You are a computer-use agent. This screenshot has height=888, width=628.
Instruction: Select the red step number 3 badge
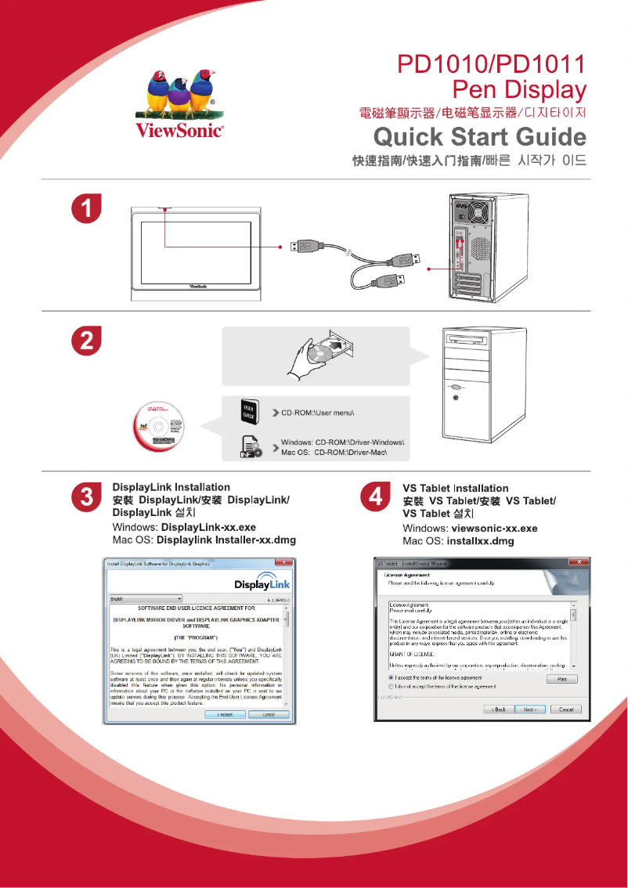pos(85,499)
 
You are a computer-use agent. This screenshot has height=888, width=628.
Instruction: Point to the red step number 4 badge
pos(375,499)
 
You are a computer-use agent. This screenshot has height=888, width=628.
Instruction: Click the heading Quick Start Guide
pos(479,137)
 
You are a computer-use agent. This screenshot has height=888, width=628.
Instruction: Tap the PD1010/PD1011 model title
pos(492,64)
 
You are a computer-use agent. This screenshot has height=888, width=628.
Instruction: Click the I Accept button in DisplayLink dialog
pos(225,714)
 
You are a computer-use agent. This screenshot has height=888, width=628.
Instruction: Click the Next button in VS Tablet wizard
pos(529,709)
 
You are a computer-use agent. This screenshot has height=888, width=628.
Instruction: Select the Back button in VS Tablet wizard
pos(498,709)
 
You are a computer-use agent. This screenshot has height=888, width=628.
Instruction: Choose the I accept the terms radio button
pos(391,677)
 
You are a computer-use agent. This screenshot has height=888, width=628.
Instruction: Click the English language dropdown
pos(145,598)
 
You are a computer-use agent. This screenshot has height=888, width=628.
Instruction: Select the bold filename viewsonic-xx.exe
pos(495,529)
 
